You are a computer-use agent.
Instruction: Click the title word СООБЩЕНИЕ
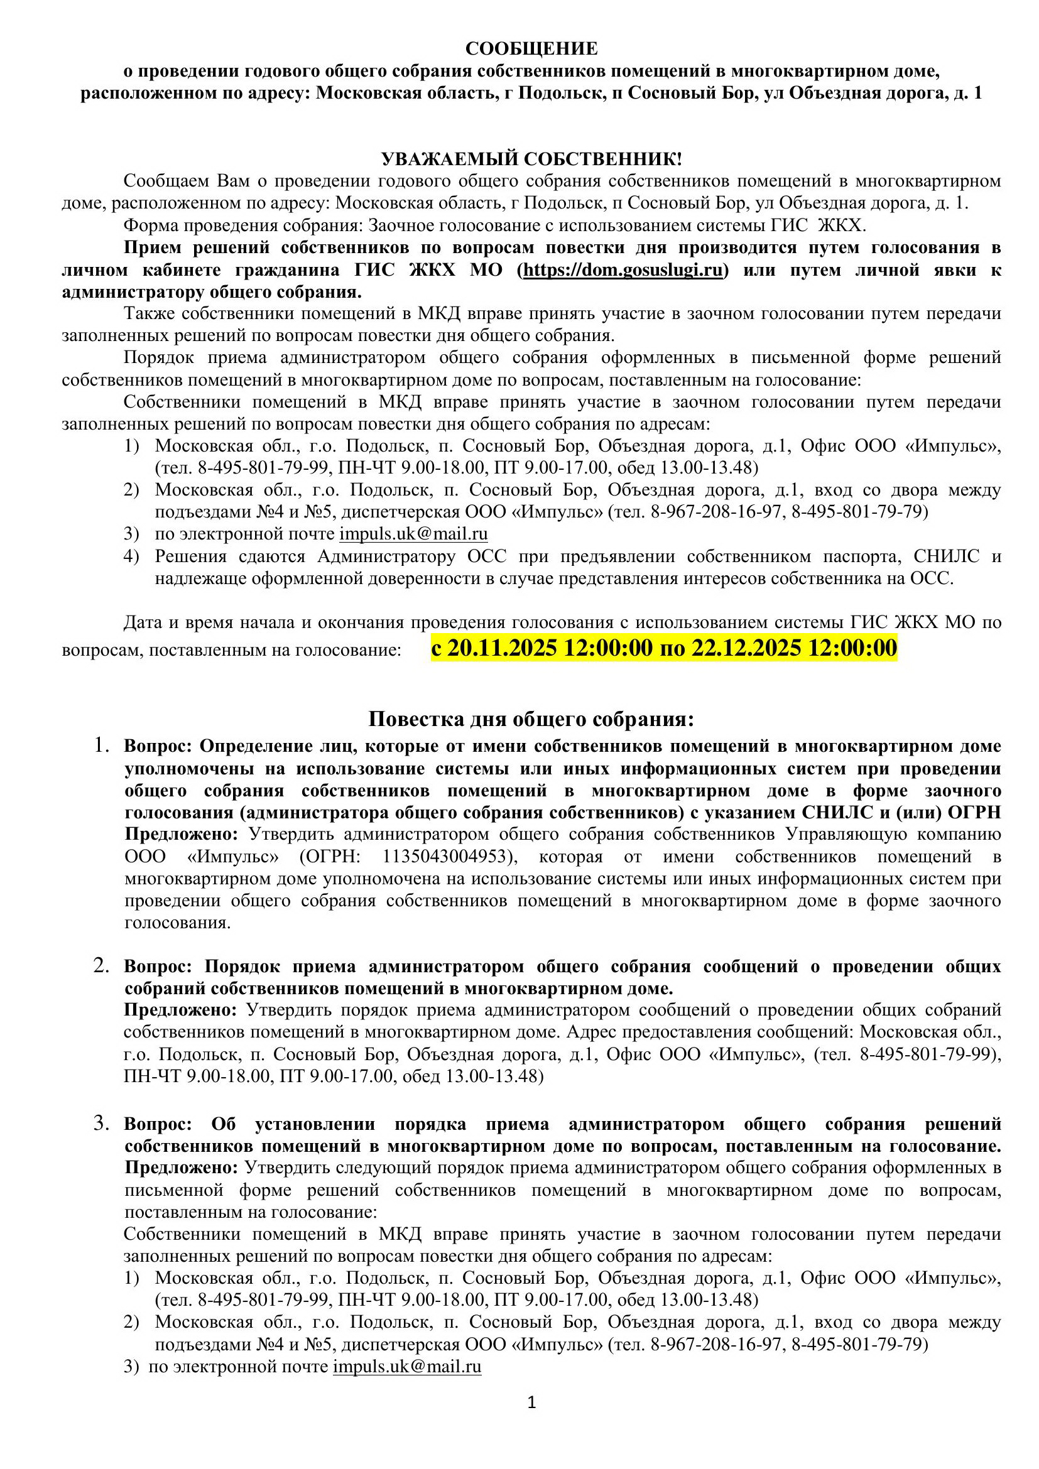[x=531, y=48]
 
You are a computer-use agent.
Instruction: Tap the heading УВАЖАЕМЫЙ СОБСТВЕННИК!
[x=531, y=159]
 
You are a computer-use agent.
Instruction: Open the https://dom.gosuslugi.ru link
[x=623, y=270]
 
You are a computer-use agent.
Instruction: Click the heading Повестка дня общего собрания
[x=531, y=719]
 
